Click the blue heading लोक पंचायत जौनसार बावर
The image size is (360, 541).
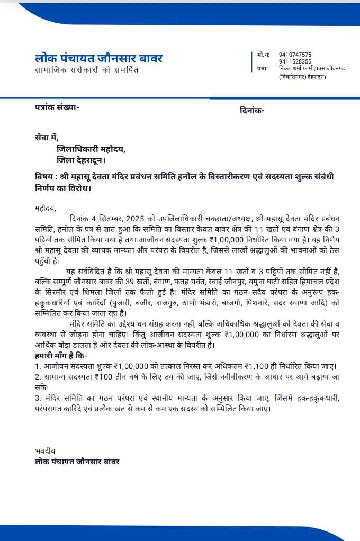click(x=98, y=58)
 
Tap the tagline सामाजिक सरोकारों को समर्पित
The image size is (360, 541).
click(x=87, y=70)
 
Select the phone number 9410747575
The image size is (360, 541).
click(x=295, y=55)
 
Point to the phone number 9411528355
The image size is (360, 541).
click(x=295, y=61)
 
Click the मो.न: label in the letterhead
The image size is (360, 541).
click(x=263, y=55)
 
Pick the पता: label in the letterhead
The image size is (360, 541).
click(x=263, y=68)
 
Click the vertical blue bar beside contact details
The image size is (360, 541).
click(x=251, y=62)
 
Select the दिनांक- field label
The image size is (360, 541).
click(x=252, y=110)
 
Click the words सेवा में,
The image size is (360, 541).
click(x=46, y=137)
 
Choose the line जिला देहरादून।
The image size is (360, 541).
click(x=81, y=160)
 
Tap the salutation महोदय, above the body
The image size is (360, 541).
click(x=45, y=208)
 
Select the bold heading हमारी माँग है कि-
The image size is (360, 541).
click(x=61, y=356)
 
